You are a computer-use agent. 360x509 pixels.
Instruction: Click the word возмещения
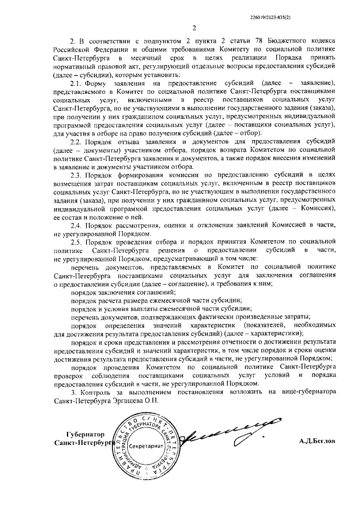(73, 183)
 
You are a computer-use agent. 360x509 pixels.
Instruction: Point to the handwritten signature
(225, 434)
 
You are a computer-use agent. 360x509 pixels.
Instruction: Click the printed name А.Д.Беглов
(317, 442)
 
